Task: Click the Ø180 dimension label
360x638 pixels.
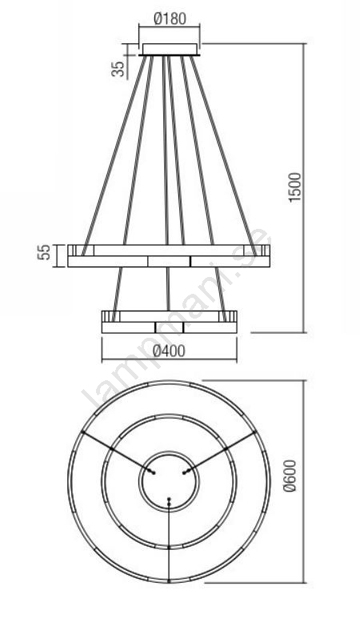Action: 170,18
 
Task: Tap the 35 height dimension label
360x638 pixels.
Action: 118,69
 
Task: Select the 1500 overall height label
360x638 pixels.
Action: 295,187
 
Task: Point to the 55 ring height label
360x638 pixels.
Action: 43,252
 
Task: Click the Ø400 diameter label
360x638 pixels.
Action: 170,351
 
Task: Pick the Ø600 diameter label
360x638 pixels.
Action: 290,475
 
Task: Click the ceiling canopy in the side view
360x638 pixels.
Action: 170,50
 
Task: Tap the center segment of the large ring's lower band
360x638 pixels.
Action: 169,261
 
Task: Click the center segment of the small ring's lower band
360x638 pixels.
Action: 170,327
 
